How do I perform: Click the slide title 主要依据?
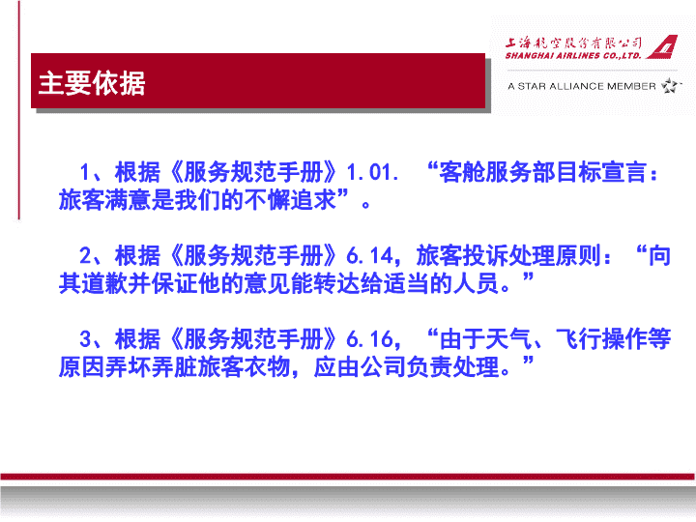(92, 83)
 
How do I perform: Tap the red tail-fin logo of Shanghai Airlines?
(662, 47)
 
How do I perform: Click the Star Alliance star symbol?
(670, 85)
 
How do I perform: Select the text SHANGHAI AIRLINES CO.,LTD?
(573, 55)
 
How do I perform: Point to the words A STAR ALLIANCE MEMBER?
(582, 86)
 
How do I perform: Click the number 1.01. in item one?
(372, 172)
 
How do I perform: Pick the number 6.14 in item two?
(369, 255)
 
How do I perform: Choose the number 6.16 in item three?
(369, 339)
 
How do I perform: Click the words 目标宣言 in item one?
(601, 172)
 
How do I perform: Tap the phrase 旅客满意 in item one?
(104, 200)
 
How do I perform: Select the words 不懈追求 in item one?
(290, 200)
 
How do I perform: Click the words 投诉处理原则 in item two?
(532, 255)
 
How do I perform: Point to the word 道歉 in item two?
(104, 283)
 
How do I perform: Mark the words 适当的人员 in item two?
(441, 283)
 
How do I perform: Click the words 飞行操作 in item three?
(601, 339)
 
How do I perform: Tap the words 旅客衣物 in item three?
(244, 367)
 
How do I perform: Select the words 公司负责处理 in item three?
(429, 367)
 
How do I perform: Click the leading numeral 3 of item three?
(85, 339)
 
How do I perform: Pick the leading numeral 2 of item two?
(85, 255)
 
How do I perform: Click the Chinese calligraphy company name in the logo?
(573, 43)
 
